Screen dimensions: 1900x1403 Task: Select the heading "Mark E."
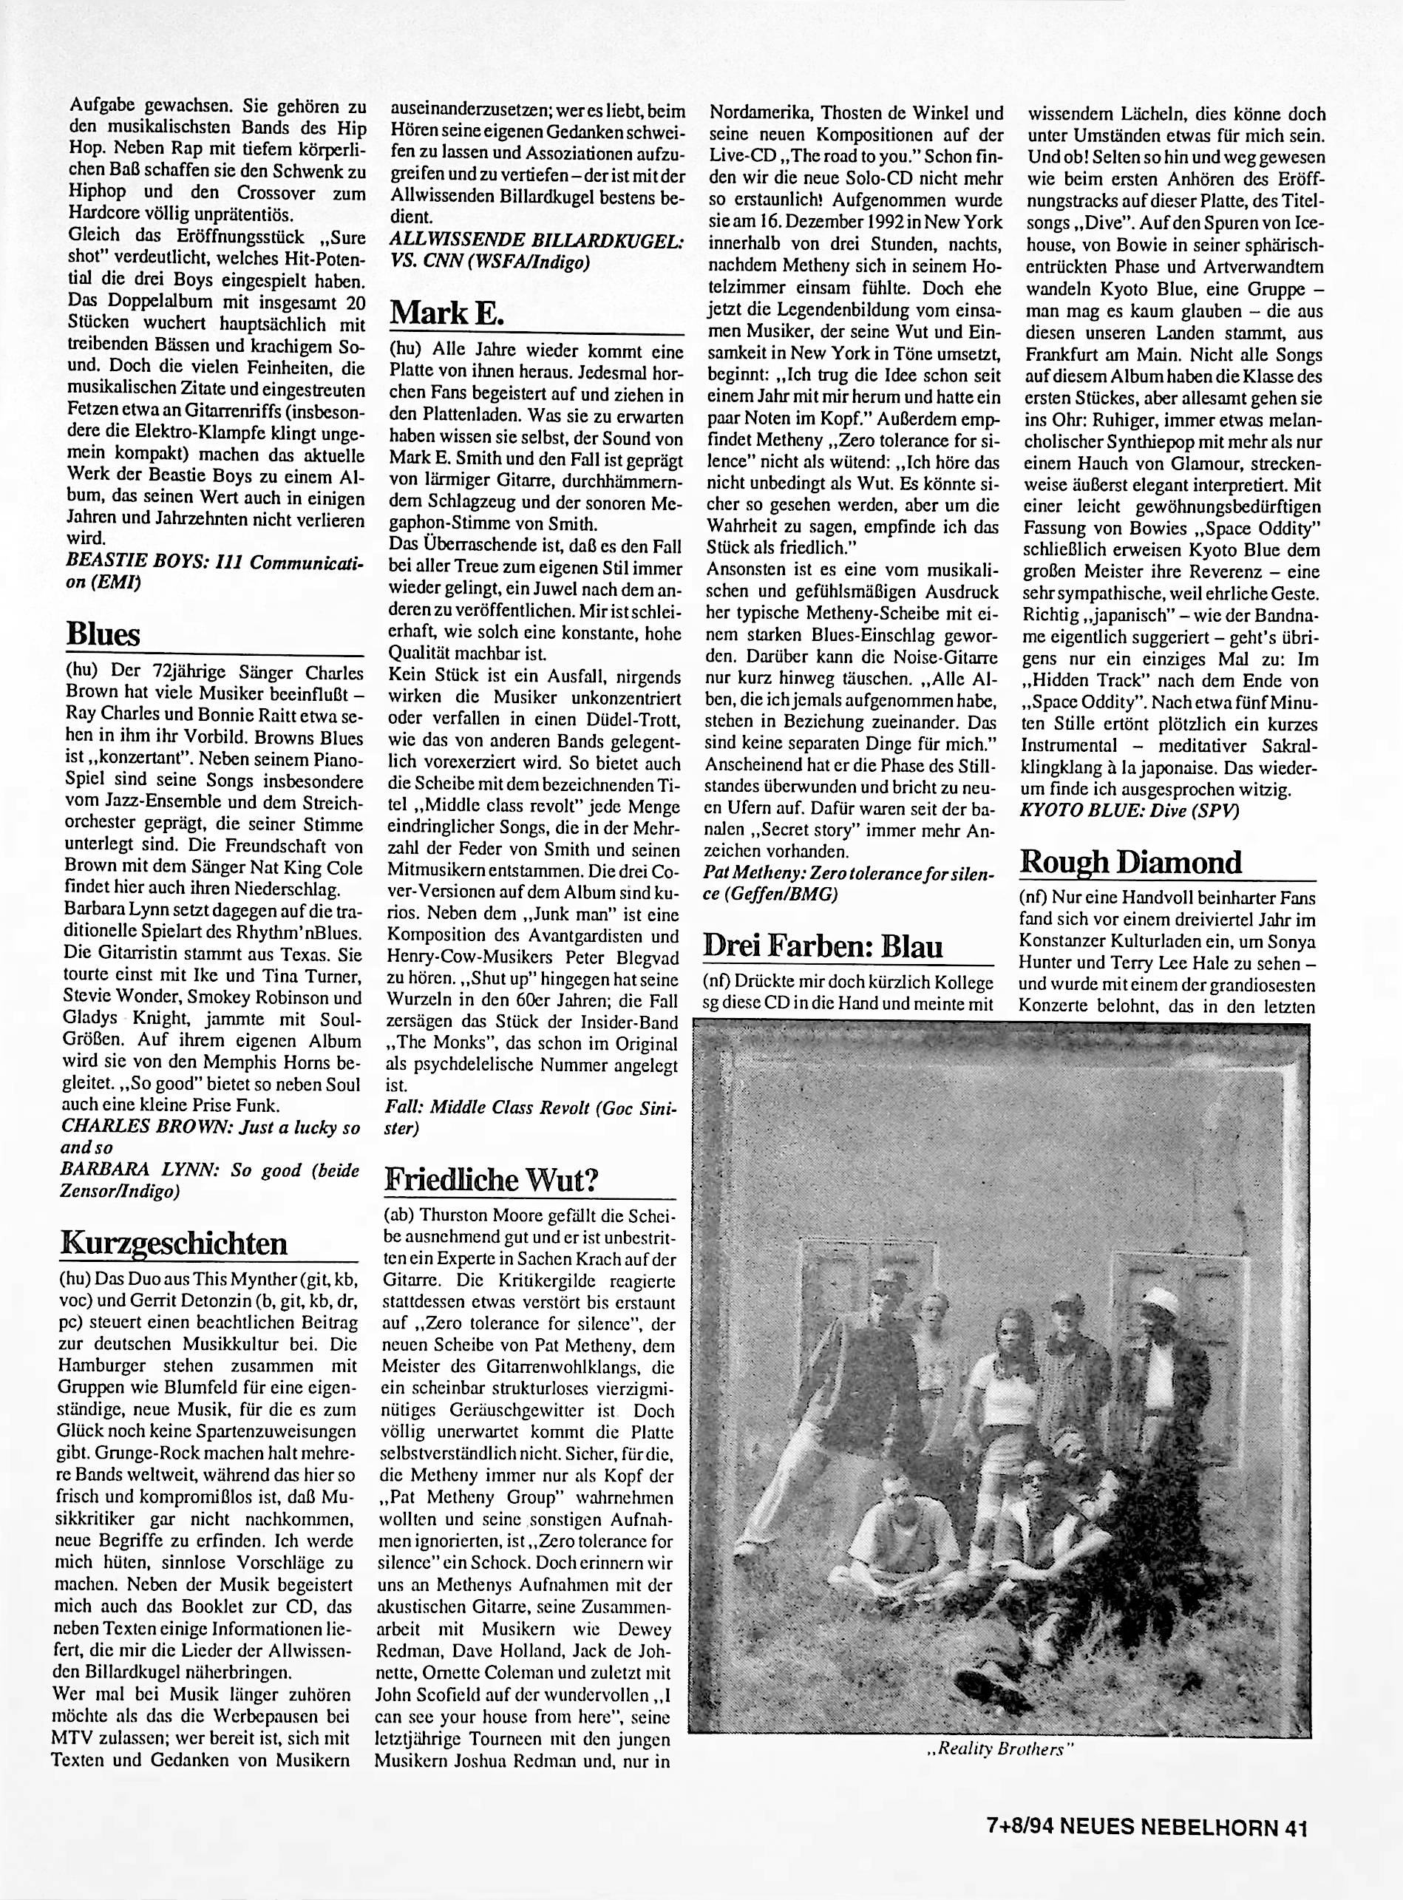[x=446, y=313]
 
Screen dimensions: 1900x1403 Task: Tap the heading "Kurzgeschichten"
[x=174, y=1244]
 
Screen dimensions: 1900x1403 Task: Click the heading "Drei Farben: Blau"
[x=823, y=946]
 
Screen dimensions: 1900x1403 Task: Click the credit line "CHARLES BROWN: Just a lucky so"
[x=211, y=1127]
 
